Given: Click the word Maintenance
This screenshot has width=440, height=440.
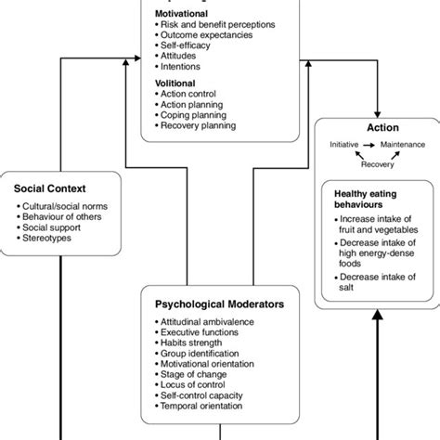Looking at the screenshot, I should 408,147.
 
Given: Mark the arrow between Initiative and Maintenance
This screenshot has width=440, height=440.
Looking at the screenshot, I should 374,147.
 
